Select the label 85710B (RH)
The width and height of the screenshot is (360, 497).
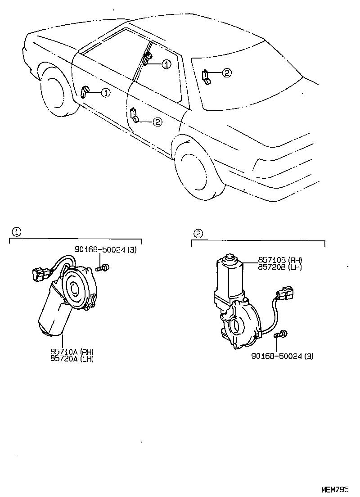(280, 260)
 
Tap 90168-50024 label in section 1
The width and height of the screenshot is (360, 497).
(106, 250)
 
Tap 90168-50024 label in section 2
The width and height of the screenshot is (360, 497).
(283, 356)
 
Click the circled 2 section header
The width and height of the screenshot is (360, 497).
(198, 233)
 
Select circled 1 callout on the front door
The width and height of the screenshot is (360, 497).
(105, 93)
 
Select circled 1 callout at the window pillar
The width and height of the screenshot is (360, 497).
(166, 64)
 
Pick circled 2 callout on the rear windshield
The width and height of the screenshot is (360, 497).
(226, 72)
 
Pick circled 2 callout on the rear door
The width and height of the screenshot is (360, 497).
(157, 122)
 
